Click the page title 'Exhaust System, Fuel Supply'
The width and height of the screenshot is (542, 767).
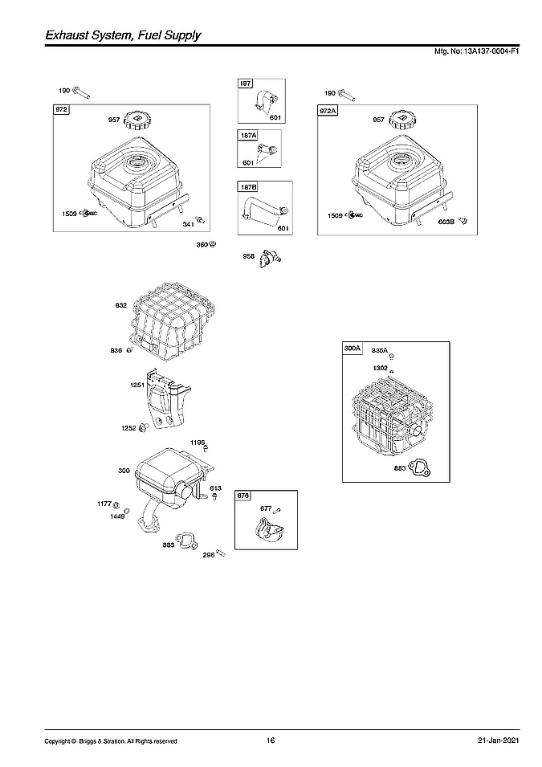[x=122, y=35]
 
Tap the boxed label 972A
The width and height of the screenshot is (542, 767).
[x=328, y=112]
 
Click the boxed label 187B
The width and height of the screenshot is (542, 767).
[x=248, y=188]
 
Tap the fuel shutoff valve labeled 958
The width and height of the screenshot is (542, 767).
[x=271, y=259]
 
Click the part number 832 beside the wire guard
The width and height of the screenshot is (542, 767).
[x=120, y=305]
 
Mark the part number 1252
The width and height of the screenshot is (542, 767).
[x=128, y=428]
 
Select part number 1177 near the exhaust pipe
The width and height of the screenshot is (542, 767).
[x=104, y=504]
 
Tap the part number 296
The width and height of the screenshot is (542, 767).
[x=208, y=554]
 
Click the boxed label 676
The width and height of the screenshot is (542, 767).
[x=244, y=496]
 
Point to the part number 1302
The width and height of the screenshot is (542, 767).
[x=380, y=368]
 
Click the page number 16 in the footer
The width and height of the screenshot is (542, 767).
[x=271, y=740]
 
